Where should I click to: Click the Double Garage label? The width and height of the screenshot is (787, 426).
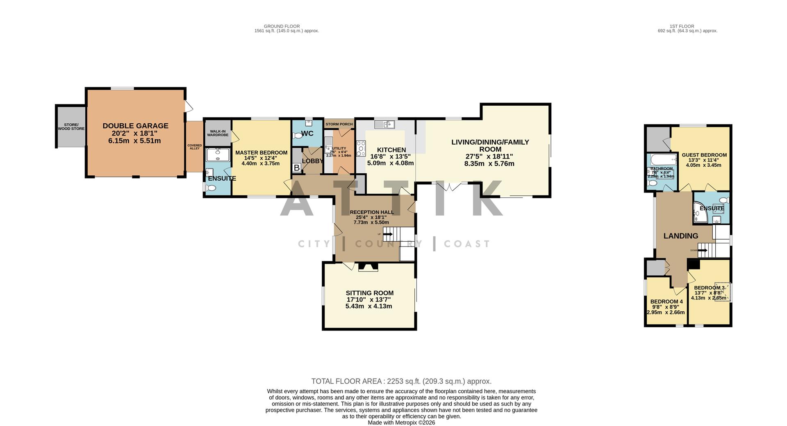(x=135, y=126)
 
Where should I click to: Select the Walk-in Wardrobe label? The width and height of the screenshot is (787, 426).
(x=217, y=133)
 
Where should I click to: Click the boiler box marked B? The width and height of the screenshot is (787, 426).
(x=296, y=168)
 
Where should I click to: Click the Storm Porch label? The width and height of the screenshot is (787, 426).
(x=339, y=124)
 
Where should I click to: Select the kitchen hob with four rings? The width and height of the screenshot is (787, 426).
(x=361, y=148)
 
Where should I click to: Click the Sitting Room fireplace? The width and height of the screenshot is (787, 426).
(x=368, y=267)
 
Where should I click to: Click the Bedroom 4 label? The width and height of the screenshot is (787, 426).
(x=666, y=301)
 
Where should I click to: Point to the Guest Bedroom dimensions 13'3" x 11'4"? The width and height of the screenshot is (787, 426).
(x=704, y=160)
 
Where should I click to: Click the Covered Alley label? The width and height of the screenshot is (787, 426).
(x=195, y=147)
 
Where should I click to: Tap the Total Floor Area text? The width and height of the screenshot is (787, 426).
(x=401, y=381)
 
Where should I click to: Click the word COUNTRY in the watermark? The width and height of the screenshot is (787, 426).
(x=389, y=244)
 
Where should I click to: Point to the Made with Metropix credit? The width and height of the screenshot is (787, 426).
(x=401, y=422)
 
